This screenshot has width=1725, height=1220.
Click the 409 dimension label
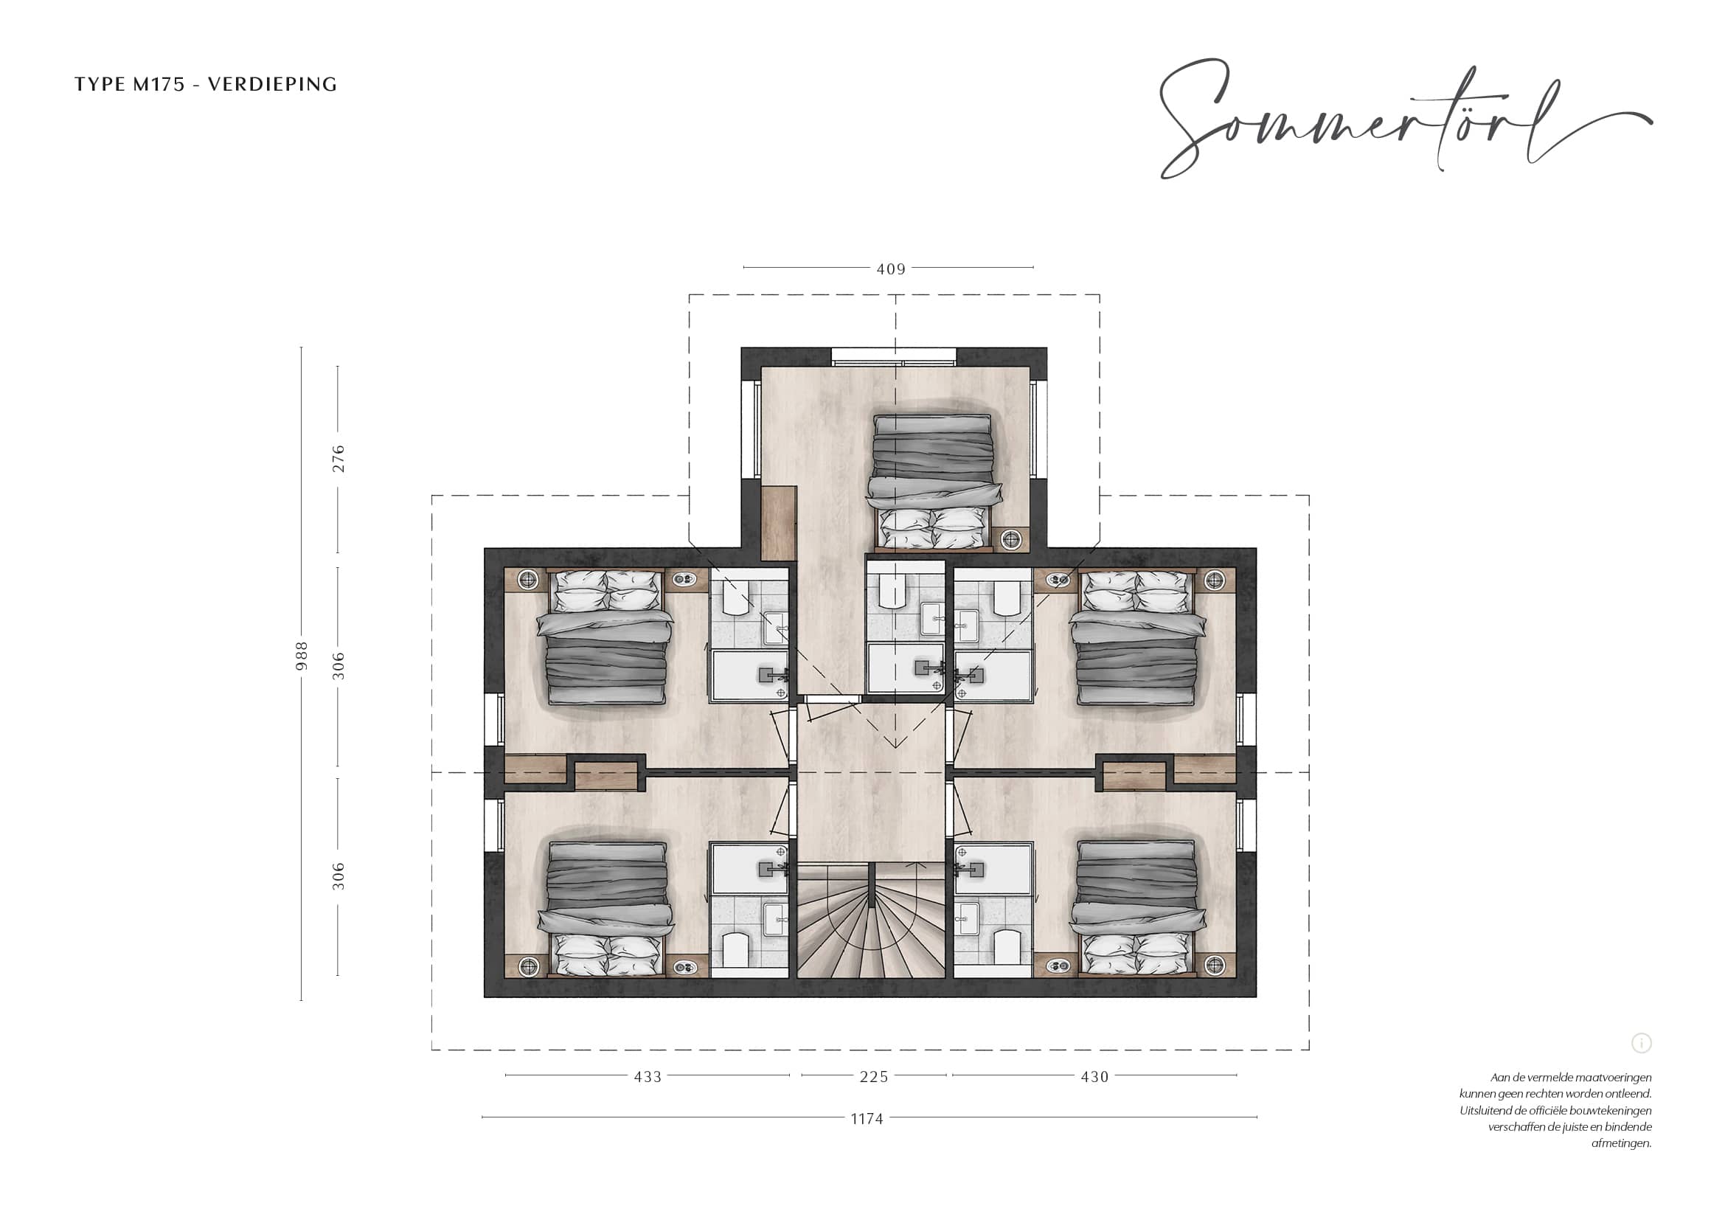891,269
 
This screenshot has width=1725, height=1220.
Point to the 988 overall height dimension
302,656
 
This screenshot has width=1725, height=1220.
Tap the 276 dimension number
338,458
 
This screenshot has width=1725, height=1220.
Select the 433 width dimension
648,1076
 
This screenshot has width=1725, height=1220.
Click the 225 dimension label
874,1076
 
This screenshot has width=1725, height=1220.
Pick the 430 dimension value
1094,1076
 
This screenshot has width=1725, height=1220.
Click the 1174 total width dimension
867,1119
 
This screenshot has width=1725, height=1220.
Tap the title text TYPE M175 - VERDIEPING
206,84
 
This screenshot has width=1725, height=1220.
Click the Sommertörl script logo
1405,120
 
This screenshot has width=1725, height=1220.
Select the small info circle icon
1642,1043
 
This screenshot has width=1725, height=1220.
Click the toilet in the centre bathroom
892,590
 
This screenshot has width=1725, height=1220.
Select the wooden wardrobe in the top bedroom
778,523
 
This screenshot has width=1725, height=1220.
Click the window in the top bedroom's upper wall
894,357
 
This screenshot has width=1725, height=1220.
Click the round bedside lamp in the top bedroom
1011,538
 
